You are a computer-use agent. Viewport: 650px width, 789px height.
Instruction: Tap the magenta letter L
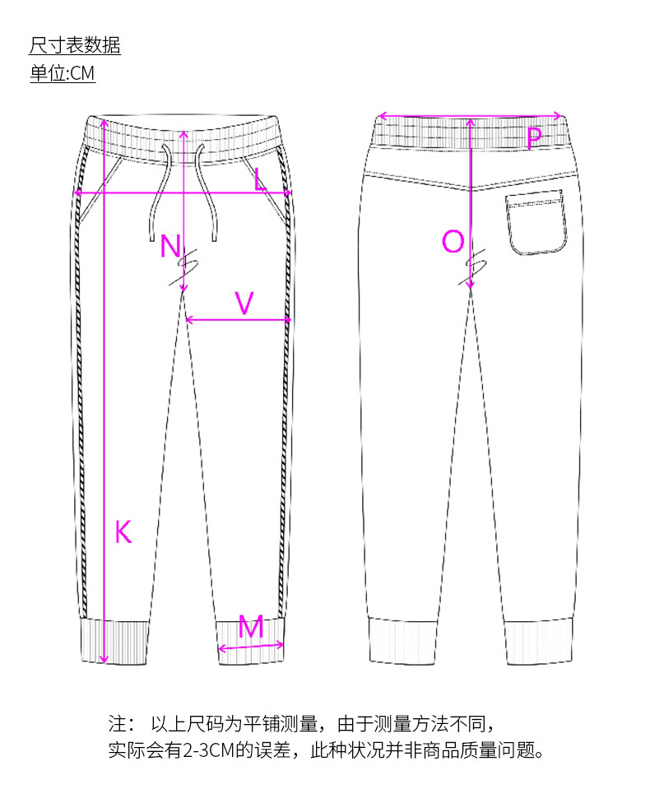pyautogui.click(x=260, y=179)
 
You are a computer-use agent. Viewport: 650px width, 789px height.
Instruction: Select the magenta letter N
pyautogui.click(x=170, y=246)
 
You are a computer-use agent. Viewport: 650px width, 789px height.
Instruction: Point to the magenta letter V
pyautogui.click(x=244, y=304)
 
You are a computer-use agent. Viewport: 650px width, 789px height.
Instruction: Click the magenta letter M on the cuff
pyautogui.click(x=251, y=629)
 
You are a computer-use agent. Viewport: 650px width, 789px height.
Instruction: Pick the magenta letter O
pyautogui.click(x=453, y=242)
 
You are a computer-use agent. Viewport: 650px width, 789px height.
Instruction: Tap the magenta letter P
pyautogui.click(x=535, y=138)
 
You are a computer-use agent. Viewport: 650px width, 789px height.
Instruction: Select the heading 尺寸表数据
pyautogui.click(x=75, y=45)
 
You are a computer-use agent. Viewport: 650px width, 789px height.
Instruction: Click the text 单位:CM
pyautogui.click(x=63, y=73)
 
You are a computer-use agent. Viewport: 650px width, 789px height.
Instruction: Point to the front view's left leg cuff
pyautogui.click(x=116, y=641)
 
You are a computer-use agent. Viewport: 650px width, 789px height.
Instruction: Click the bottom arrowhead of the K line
pyautogui.click(x=104, y=658)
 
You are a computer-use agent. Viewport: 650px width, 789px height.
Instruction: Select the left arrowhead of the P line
pyautogui.click(x=381, y=116)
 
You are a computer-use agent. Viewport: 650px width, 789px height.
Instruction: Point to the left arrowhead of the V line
pyautogui.click(x=188, y=319)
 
